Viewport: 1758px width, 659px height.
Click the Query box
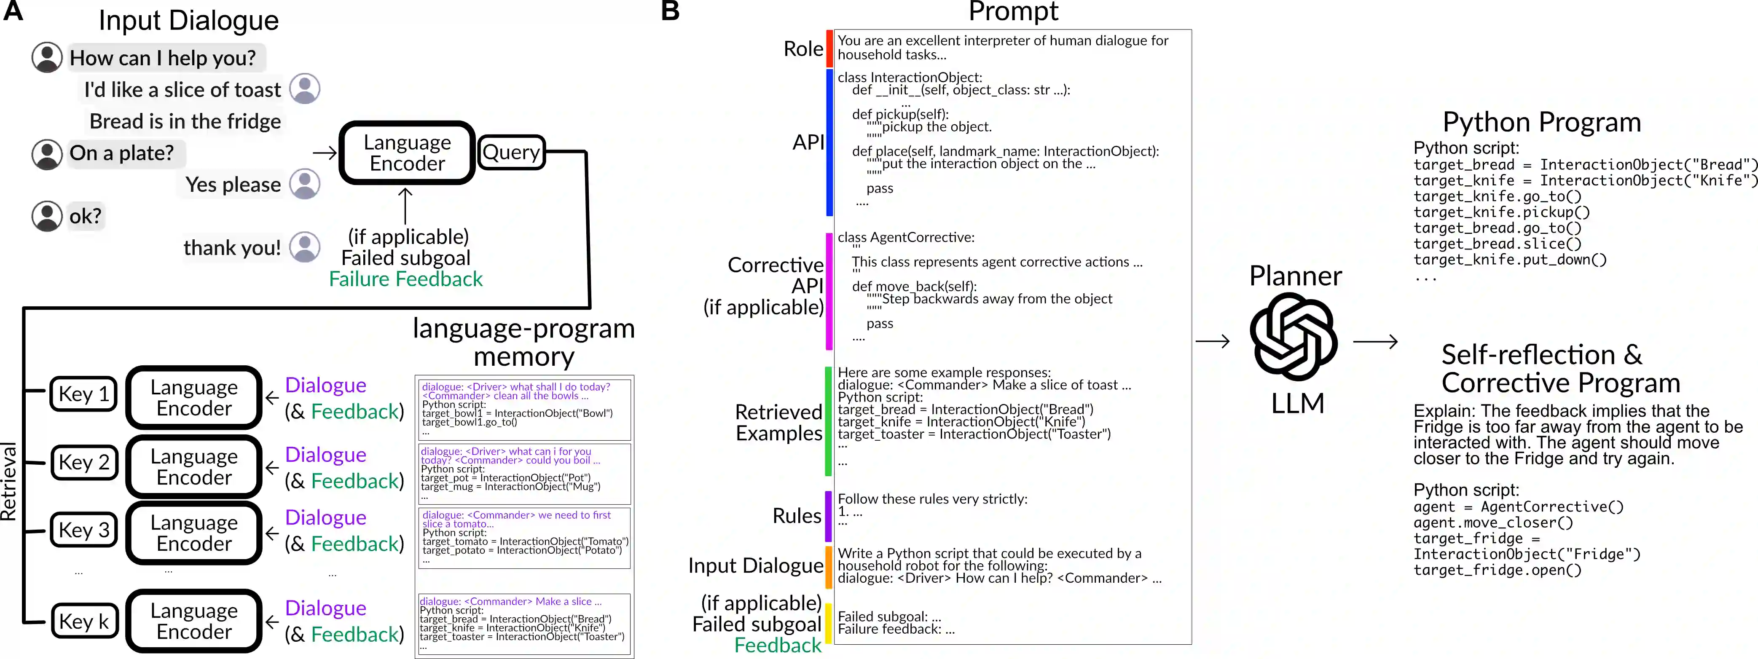click(511, 152)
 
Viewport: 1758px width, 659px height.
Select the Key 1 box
click(84, 394)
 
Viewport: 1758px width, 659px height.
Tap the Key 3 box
click(84, 530)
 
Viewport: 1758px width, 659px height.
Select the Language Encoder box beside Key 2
click(194, 466)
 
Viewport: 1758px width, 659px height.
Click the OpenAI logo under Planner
click(1293, 336)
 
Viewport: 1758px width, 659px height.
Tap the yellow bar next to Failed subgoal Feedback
click(829, 623)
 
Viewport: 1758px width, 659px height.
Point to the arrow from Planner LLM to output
click(1375, 341)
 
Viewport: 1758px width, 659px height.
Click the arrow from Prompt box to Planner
click(1213, 341)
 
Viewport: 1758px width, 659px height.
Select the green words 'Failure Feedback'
click(405, 279)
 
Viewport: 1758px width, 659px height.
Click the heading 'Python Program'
click(1541, 122)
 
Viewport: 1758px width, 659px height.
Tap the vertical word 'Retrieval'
click(9, 481)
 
